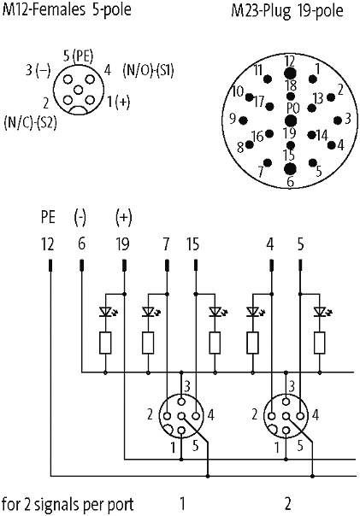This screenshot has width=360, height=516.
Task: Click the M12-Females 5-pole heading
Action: pos(67,9)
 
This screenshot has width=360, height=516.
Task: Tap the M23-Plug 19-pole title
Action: pos(287,10)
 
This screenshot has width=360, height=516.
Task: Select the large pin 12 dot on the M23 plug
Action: pos(290,73)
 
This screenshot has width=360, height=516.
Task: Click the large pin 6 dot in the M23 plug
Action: pos(290,168)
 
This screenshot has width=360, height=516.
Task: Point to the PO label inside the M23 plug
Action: pos(292,108)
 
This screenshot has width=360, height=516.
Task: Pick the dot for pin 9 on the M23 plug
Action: pos(244,120)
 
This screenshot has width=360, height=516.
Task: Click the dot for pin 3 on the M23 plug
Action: pos(337,120)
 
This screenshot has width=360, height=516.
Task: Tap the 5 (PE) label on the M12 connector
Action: pos(78,56)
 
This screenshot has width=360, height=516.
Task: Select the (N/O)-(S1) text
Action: pos(148,70)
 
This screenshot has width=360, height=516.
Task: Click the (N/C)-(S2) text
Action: pos(30,122)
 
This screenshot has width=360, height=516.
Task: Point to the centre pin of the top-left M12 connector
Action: pos(79,90)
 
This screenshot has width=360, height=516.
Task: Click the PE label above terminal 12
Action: pos(48,218)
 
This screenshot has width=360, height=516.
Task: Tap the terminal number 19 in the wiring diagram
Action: pos(122,244)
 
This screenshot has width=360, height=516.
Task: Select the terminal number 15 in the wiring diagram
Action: pos(193,244)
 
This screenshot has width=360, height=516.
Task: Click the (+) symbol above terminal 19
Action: pos(123,218)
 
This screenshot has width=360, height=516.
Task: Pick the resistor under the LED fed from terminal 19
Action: pos(105,343)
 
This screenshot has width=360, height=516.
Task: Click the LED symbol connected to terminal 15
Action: pos(216,312)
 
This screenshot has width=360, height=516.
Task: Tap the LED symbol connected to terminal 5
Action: pos(322,312)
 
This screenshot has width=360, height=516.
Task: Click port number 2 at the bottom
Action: pos(288,503)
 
